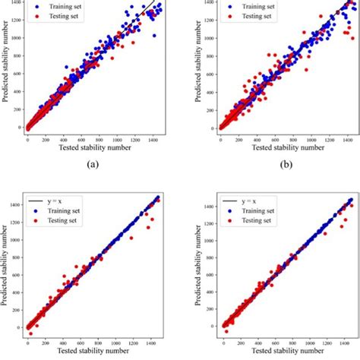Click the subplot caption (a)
tap(93, 163)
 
